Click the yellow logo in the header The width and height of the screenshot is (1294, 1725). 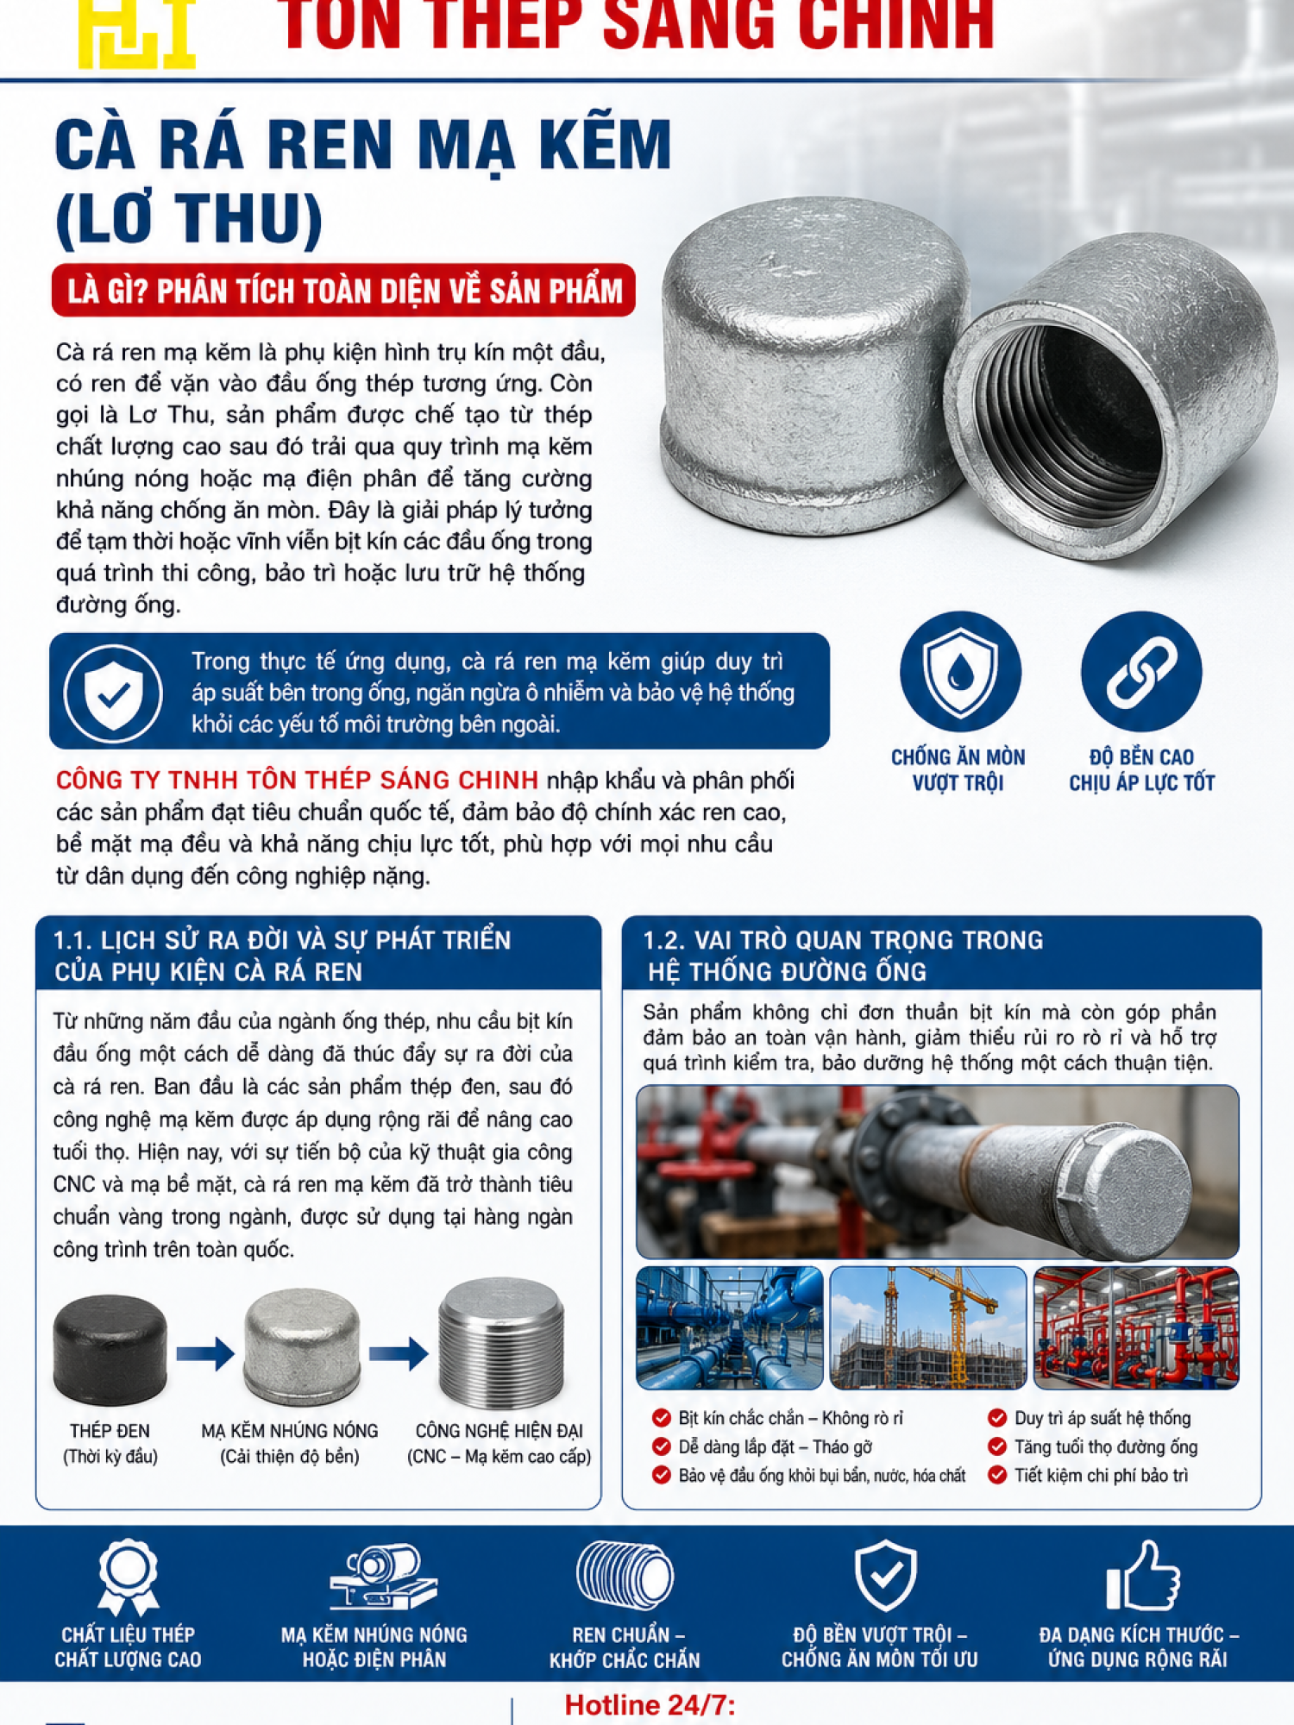click(137, 33)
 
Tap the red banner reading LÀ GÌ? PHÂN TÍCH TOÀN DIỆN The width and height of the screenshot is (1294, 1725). click(344, 291)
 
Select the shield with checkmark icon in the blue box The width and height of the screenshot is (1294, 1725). click(113, 693)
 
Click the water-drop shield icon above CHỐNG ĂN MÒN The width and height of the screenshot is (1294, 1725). click(959, 672)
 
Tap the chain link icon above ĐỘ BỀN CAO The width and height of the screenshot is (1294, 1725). click(1141, 672)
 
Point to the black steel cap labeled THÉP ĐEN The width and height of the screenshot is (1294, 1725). click(110, 1349)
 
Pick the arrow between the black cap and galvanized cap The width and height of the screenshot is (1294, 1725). click(205, 1352)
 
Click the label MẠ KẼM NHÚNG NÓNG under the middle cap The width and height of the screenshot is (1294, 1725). click(290, 1431)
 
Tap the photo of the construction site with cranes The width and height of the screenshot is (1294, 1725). click(927, 1327)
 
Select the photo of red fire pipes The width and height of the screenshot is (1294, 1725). click(1136, 1327)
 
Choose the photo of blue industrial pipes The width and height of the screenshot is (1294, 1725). click(730, 1327)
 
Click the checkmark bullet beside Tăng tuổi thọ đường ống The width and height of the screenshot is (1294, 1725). click(997, 1446)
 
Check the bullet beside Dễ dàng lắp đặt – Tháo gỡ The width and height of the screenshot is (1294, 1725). click(662, 1446)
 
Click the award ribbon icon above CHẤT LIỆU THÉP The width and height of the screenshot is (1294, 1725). click(128, 1577)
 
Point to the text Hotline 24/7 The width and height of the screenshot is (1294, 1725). click(650, 1705)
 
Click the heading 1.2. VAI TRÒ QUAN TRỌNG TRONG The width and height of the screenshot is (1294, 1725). click(843, 940)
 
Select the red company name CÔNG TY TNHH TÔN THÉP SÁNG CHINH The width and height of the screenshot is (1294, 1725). click(297, 780)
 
